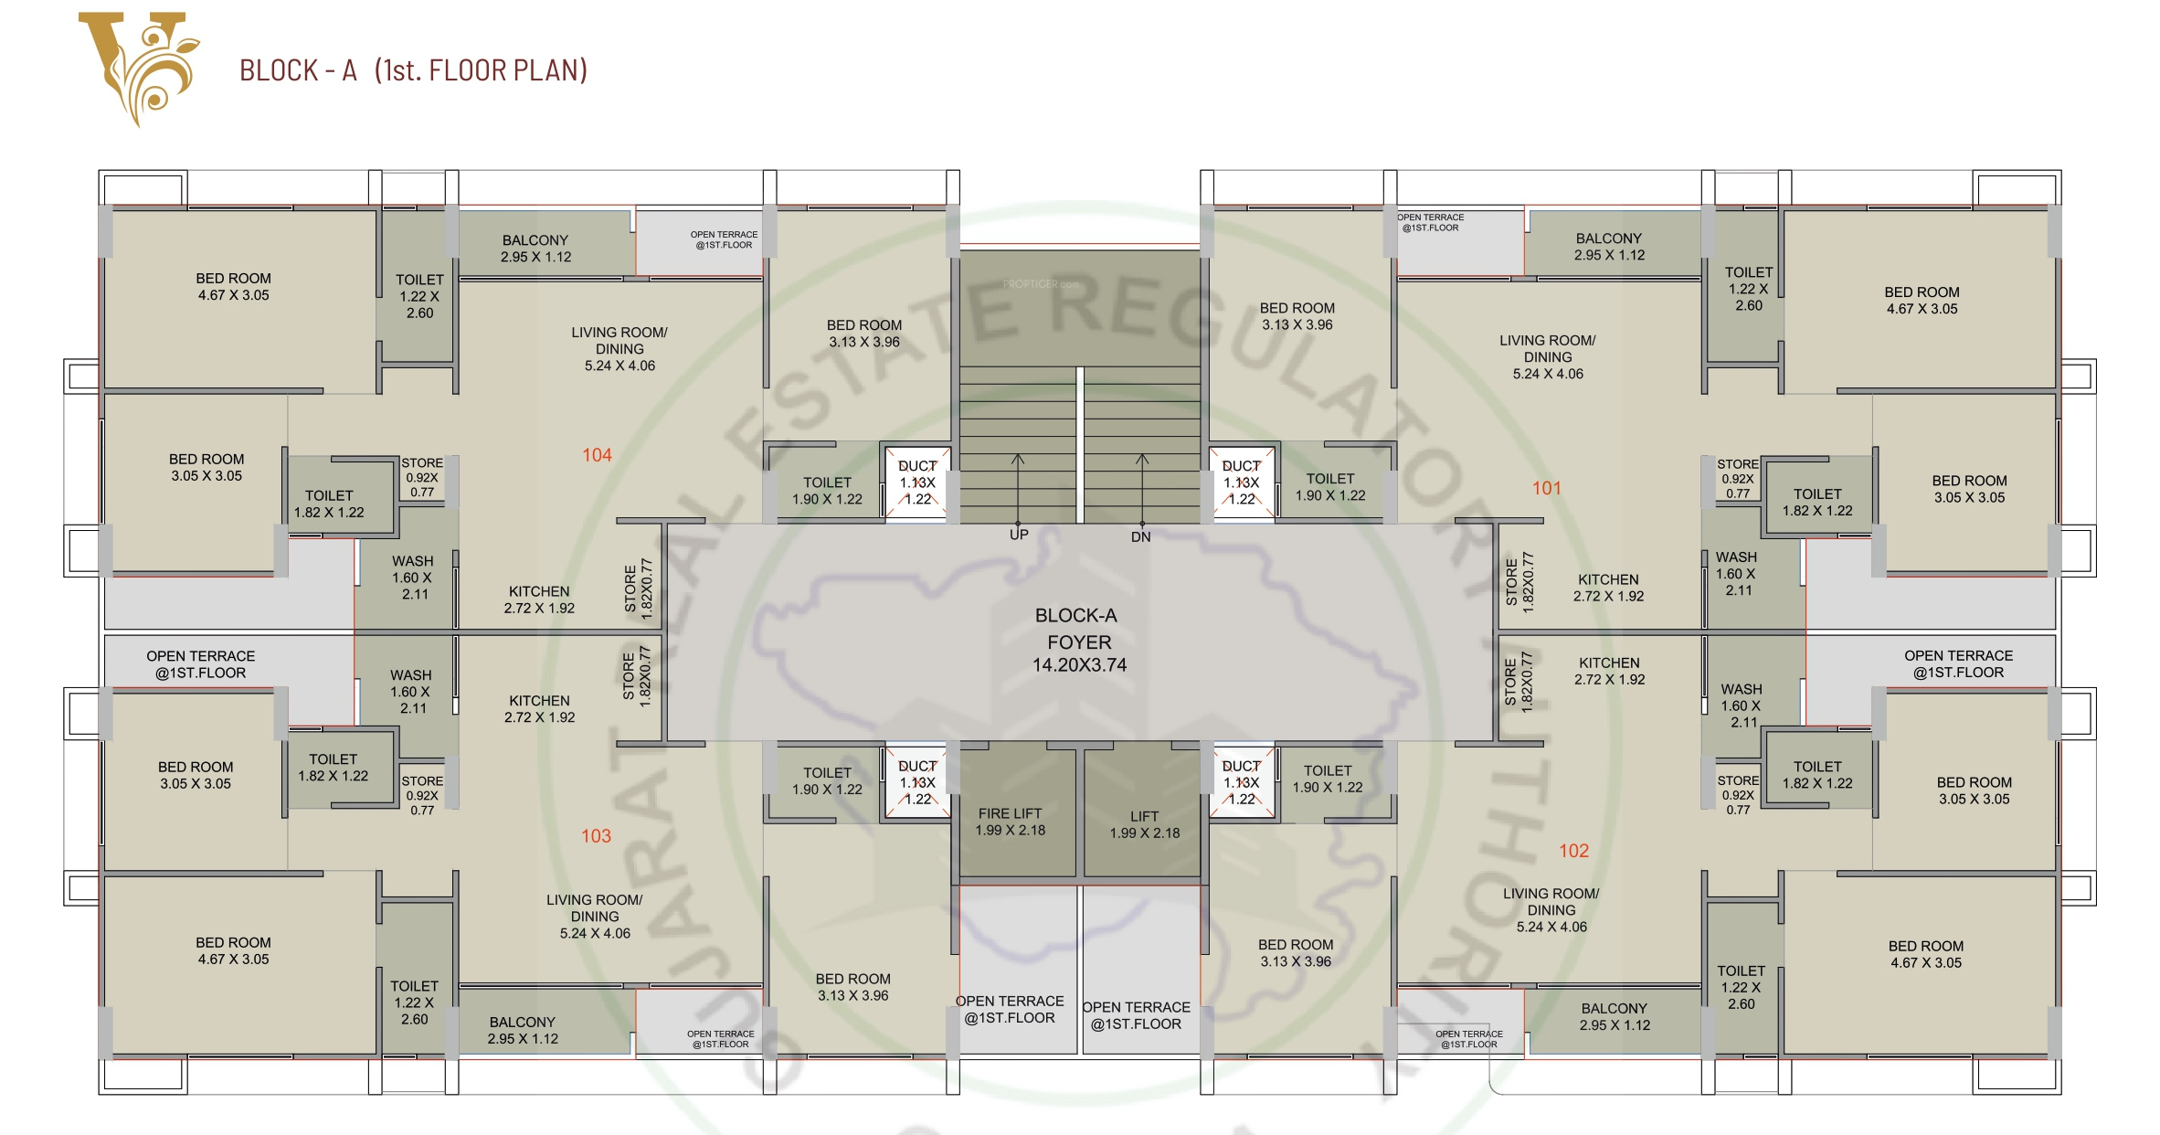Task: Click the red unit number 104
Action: (x=597, y=455)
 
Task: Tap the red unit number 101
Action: (x=1546, y=488)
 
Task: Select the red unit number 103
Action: (x=596, y=836)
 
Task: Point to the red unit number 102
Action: (x=1573, y=851)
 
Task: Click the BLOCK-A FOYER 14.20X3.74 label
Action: (x=1078, y=641)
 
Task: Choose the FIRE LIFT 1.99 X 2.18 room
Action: (x=1010, y=822)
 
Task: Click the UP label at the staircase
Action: (x=1019, y=535)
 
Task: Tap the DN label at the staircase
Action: (x=1140, y=537)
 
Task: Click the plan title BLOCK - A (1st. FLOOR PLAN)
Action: (x=413, y=70)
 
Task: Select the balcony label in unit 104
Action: (x=535, y=249)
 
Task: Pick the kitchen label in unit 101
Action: (x=1608, y=588)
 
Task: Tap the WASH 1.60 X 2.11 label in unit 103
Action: (x=410, y=692)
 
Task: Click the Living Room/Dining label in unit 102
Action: (x=1551, y=910)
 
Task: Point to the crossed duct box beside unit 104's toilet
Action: (x=917, y=483)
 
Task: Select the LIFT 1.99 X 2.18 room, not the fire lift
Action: (x=1144, y=824)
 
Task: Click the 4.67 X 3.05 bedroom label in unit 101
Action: (x=1922, y=301)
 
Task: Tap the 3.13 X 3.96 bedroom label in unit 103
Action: (x=852, y=987)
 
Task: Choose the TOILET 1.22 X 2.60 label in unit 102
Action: (x=1741, y=987)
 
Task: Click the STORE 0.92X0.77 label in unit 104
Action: (x=422, y=477)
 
